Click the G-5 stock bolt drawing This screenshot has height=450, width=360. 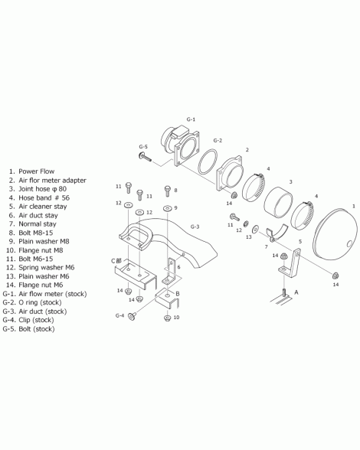pos(145,158)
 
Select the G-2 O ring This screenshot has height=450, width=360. pos(208,161)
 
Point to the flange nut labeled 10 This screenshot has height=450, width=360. pos(167,318)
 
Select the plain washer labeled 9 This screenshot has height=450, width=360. pos(167,208)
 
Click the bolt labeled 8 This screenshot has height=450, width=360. pos(168,191)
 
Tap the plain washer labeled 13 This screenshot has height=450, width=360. pos(255,230)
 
